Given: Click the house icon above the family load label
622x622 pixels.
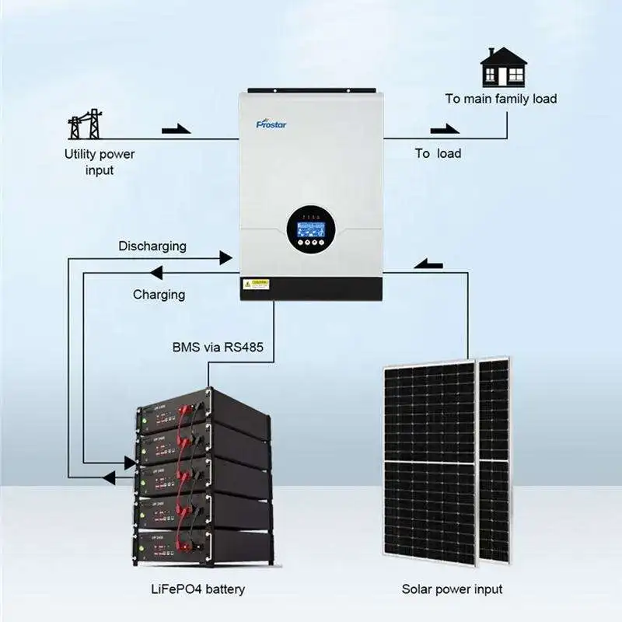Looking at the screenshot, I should [x=503, y=67].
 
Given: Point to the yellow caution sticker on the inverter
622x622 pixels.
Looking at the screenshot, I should [x=257, y=284].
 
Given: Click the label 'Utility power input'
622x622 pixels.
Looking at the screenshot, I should [x=99, y=162].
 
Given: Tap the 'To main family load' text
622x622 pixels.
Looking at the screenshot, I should [x=501, y=99].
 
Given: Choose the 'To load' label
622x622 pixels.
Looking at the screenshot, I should [x=438, y=153].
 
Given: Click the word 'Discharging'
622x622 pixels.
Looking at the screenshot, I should [x=152, y=246].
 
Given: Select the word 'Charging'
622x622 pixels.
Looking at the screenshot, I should [x=159, y=294].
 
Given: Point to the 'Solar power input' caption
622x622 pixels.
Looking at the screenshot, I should [x=453, y=589].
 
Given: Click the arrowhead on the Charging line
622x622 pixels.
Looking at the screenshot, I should [x=155, y=272].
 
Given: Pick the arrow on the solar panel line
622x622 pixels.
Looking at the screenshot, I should [x=427, y=264].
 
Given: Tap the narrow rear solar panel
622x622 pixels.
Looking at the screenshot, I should [x=494, y=459].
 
